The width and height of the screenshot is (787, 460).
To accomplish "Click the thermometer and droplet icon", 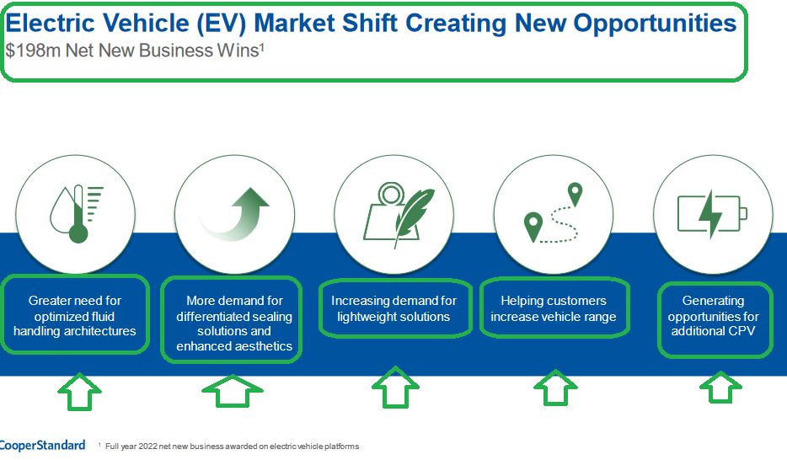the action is pyautogui.click(x=77, y=214).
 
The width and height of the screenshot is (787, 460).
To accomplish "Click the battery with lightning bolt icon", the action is pyautogui.click(x=712, y=214).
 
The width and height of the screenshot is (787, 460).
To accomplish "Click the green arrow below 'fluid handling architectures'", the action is pyautogui.click(x=79, y=392).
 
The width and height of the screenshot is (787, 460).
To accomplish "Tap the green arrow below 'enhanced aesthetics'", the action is pyautogui.click(x=233, y=391).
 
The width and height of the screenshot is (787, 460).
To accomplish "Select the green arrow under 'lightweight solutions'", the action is pyautogui.click(x=395, y=388).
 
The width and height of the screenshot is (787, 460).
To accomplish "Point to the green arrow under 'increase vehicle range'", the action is pyautogui.click(x=555, y=388).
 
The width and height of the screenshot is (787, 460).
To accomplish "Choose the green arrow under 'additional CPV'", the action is pyautogui.click(x=720, y=388).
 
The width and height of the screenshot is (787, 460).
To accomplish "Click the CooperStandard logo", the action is pyautogui.click(x=42, y=446).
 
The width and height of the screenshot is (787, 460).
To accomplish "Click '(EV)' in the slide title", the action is pyautogui.click(x=222, y=24).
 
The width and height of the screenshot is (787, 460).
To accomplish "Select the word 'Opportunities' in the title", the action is pyautogui.click(x=655, y=24).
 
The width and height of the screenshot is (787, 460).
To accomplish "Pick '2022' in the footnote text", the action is pyautogui.click(x=148, y=447).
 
